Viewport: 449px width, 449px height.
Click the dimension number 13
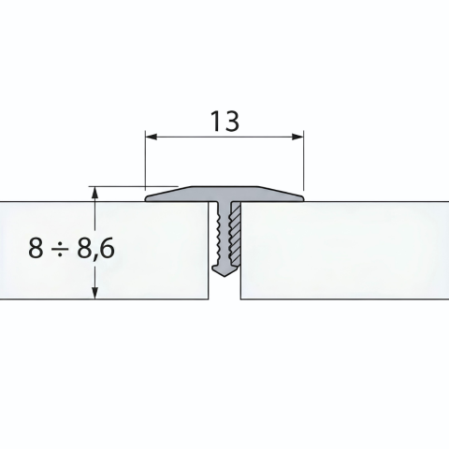225,121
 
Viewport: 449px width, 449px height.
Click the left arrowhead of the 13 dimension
151,137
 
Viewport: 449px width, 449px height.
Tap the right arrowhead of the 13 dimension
297,137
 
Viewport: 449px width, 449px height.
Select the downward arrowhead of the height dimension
94,294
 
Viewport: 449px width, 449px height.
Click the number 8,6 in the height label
96,249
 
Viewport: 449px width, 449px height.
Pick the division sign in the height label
64,249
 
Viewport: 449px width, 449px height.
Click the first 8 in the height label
36,248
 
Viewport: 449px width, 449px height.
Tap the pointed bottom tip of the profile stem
224,276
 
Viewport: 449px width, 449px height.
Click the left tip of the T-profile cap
146,198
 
